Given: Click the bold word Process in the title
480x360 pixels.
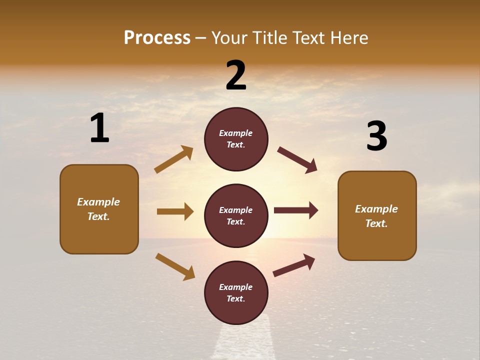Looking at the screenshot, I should [157, 38].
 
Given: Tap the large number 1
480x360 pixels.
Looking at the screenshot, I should [99, 128].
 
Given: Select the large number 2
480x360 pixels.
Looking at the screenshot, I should [236, 75].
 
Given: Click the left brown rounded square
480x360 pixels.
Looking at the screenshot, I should [99, 209].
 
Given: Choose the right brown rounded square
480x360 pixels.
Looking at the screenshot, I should [377, 215].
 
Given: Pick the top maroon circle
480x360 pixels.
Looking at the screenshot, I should [236, 139].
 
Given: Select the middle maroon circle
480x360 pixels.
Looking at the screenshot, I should [236, 215].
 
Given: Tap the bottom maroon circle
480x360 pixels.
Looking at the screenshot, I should [236, 292].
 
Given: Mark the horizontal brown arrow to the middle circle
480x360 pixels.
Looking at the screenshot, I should [175, 211].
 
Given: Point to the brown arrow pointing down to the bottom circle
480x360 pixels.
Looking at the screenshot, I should [175, 266].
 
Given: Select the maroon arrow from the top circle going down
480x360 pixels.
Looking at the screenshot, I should [297, 160].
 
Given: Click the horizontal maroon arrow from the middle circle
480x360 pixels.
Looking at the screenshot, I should [296, 210].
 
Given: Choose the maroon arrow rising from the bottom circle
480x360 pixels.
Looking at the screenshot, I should [294, 265].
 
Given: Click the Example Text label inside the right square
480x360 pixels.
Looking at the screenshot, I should [376, 216].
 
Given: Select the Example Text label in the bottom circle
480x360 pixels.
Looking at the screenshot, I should [236, 293].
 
